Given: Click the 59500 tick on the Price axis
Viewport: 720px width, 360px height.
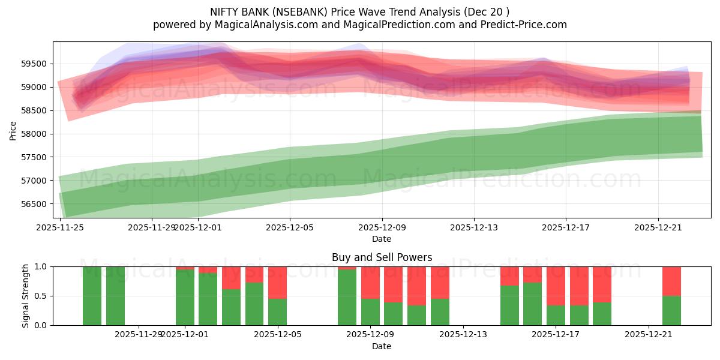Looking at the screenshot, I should [37, 64].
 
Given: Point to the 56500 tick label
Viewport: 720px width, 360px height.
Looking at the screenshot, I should [37, 204].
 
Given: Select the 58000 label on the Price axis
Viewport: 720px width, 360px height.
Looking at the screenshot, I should [37, 134].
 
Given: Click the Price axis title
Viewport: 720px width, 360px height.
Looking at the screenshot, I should [13, 130].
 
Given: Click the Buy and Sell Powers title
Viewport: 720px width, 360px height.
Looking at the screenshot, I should [382, 257].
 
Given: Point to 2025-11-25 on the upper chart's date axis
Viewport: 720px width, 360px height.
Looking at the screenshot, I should [60, 227].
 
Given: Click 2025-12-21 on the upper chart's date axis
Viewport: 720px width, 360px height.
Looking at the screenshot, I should [658, 227].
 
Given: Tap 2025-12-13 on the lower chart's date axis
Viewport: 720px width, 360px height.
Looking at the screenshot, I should [464, 335].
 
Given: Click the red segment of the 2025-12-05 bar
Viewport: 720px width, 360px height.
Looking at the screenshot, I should [277, 282].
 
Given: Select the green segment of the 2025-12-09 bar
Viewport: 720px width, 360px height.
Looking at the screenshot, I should [370, 312].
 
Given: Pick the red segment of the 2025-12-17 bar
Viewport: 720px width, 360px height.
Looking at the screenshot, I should [556, 286].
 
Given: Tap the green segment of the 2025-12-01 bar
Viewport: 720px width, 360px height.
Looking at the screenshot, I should [185, 298].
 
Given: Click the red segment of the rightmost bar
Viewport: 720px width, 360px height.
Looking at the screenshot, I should [671, 281].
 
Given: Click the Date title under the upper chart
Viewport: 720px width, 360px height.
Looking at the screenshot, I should [382, 239].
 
